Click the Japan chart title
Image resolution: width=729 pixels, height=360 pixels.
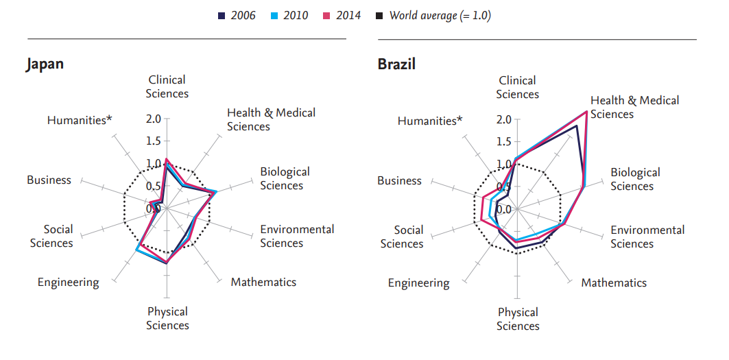tap(45, 64)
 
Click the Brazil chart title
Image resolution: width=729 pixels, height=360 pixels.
tap(396, 64)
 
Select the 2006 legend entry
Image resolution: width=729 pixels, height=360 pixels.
tap(237, 15)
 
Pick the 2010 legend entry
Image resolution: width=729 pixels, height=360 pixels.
tap(289, 15)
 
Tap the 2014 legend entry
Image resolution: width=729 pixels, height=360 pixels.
tap(342, 15)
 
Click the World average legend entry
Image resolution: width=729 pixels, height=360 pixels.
tap(433, 15)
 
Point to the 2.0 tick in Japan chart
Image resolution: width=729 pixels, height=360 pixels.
tap(154, 119)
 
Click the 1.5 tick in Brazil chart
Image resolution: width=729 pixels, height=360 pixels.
tap(504, 142)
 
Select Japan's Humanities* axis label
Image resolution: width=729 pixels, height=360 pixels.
tap(80, 120)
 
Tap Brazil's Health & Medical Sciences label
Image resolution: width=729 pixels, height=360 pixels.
tap(634, 107)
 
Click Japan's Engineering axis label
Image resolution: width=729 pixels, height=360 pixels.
tap(68, 282)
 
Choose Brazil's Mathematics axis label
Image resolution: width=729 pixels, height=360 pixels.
tap(614, 283)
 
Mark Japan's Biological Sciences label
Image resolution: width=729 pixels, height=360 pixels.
tap(285, 178)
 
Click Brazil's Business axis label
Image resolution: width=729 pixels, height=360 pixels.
tap(399, 180)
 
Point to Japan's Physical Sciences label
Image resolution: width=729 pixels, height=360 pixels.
tap(167, 318)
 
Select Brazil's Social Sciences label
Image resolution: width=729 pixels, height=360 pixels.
tap(409, 237)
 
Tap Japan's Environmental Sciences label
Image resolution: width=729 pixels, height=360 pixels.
tap(297, 236)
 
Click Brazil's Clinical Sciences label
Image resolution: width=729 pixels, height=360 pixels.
tap(518, 87)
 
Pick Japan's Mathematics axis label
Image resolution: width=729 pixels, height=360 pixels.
tap(263, 282)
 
